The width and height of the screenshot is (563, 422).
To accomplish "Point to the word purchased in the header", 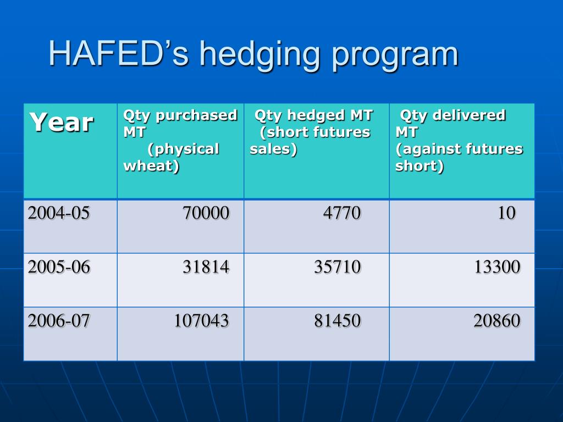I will (x=196, y=115).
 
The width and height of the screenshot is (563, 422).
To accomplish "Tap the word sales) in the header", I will (x=273, y=149).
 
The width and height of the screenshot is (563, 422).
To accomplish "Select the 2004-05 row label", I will (x=59, y=213).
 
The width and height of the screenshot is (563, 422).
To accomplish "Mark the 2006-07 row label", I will (x=59, y=321).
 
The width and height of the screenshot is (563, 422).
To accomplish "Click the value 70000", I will (x=206, y=213).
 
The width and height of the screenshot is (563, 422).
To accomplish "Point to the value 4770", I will (x=342, y=213).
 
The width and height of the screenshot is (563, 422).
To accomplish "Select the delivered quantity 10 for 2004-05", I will (x=507, y=213).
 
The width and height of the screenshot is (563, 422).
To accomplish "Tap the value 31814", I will (x=206, y=267).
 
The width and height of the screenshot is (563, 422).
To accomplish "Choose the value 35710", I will (x=338, y=267).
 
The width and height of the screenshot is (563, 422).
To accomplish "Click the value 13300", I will (x=497, y=267).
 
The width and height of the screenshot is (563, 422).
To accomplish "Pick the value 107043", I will (x=202, y=321).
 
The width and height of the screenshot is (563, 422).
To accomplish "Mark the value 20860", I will (x=497, y=321).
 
